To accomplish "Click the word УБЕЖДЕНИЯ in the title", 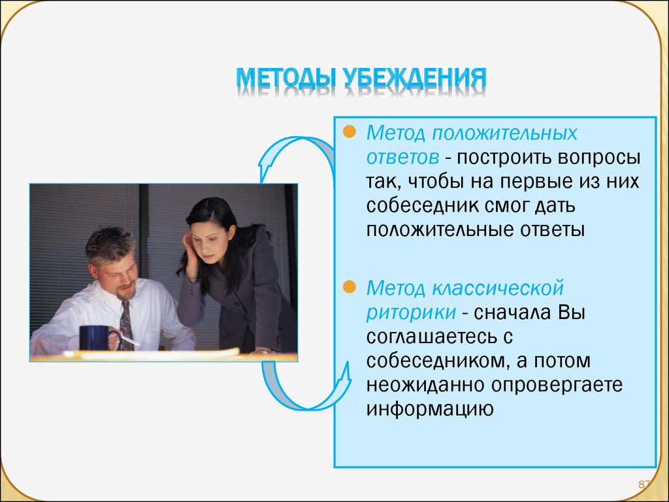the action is click(x=415, y=78).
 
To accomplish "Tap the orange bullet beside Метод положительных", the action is click(x=350, y=132).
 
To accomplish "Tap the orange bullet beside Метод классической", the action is click(x=350, y=288).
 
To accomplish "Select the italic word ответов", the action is click(x=402, y=158).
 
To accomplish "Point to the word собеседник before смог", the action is click(x=423, y=206).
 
